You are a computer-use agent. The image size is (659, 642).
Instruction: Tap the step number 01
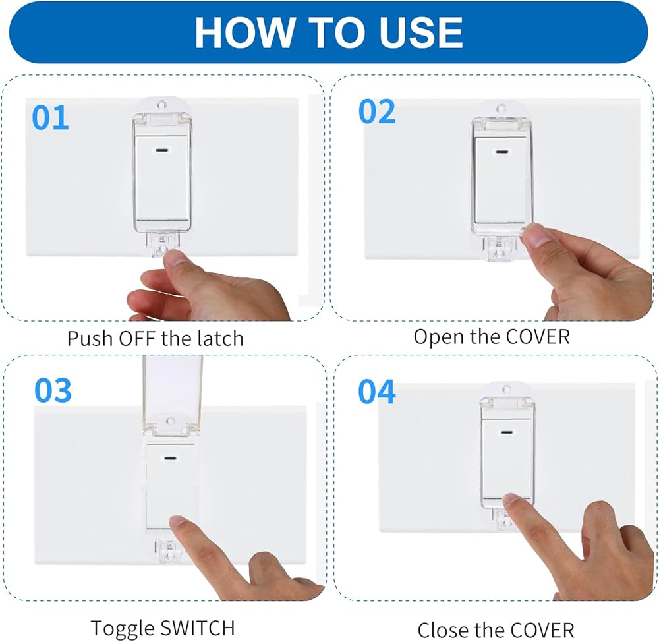(x=51, y=118)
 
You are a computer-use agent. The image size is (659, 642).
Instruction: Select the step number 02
(x=377, y=111)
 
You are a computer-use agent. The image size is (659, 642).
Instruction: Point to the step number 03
(x=53, y=390)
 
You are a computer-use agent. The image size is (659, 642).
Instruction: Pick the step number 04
(x=376, y=392)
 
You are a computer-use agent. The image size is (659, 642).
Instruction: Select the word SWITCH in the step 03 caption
(x=198, y=627)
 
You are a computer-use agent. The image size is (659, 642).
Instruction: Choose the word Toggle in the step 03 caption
(x=123, y=629)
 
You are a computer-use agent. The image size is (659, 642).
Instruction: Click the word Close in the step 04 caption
(x=444, y=630)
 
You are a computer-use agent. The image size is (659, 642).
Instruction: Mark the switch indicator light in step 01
(x=162, y=150)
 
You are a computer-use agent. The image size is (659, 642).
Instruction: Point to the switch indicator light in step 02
(x=501, y=152)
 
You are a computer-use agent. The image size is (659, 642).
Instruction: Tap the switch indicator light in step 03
(x=170, y=458)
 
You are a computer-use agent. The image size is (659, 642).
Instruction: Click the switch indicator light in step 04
(x=506, y=432)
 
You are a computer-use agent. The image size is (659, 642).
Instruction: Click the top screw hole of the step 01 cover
(x=161, y=105)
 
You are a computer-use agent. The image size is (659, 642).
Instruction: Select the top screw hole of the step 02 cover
(x=500, y=109)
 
